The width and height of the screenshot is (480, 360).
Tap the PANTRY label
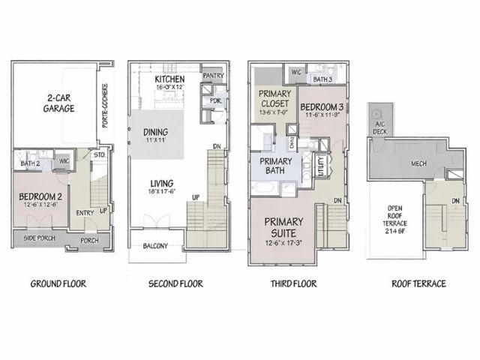tap(213, 75)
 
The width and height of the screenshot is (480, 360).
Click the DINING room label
tap(155, 132)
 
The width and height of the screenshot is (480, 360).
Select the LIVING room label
tap(162, 183)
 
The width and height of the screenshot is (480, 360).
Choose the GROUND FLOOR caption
tap(58, 284)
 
